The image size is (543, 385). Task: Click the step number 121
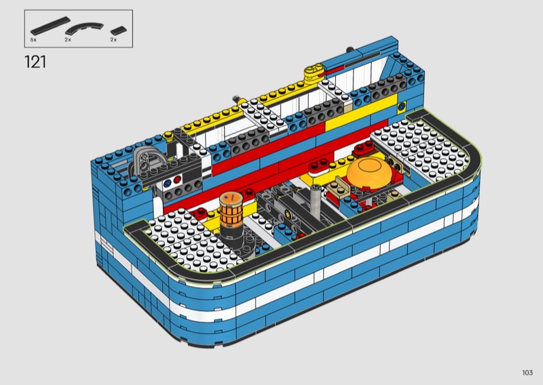click(x=35, y=62)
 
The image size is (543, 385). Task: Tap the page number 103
click(x=527, y=373)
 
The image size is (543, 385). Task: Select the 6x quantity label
click(x=33, y=40)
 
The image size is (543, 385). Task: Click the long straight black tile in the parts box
click(x=50, y=26)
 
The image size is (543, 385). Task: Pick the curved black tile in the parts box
click(x=84, y=27)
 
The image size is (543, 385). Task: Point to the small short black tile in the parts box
click(x=118, y=31)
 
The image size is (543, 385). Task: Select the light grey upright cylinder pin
click(x=316, y=200)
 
